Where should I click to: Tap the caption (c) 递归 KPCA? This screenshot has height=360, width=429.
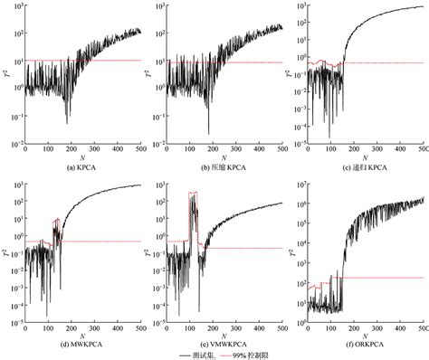360,167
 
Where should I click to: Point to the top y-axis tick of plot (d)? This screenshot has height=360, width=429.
17,185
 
